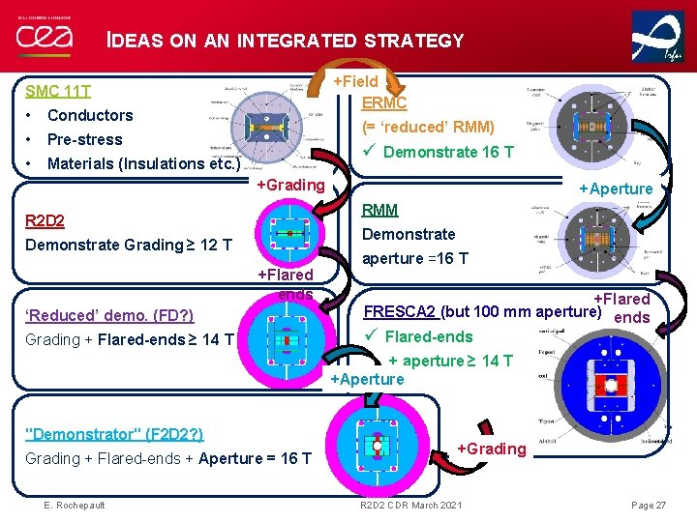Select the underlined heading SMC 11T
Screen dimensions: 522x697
[58, 92]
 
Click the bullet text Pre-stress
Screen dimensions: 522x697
[84, 139]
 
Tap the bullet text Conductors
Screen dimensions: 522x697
[90, 115]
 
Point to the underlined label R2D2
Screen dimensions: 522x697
[45, 220]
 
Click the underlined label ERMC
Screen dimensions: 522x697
[384, 103]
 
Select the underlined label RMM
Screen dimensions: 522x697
[379, 210]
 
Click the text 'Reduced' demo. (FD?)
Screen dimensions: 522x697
[109, 315]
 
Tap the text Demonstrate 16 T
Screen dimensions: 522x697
[448, 152]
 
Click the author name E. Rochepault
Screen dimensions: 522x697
[75, 505]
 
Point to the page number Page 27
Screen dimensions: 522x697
[648, 505]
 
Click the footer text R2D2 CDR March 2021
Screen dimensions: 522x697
[410, 505]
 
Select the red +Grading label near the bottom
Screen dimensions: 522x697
[491, 449]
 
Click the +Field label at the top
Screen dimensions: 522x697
[355, 82]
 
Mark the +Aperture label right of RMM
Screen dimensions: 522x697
[615, 188]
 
